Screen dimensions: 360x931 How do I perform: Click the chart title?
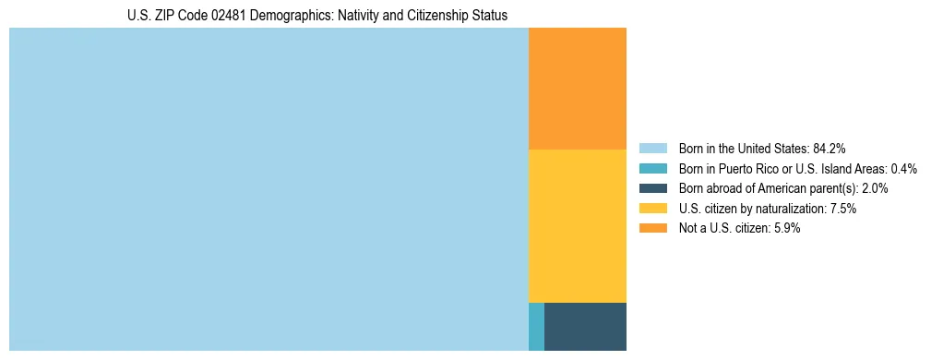(317, 16)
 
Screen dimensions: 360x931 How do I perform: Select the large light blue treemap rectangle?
(269, 189)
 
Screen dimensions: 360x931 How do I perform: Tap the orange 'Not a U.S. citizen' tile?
(577, 89)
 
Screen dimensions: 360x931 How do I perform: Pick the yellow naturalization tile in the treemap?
(577, 225)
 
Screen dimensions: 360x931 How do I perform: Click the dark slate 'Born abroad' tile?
(585, 326)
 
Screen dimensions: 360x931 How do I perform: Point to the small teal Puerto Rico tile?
(536, 326)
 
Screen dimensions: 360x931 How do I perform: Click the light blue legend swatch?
(652, 148)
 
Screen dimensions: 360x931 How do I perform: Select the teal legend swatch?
(652, 168)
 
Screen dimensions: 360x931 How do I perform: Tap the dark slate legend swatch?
(652, 188)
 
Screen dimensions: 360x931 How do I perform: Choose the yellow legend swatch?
(652, 209)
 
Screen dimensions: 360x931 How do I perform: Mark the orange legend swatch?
(652, 228)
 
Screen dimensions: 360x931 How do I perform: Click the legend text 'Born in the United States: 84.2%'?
(762, 148)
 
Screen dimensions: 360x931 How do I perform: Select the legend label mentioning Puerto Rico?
(797, 168)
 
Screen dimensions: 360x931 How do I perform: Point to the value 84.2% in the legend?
(830, 148)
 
